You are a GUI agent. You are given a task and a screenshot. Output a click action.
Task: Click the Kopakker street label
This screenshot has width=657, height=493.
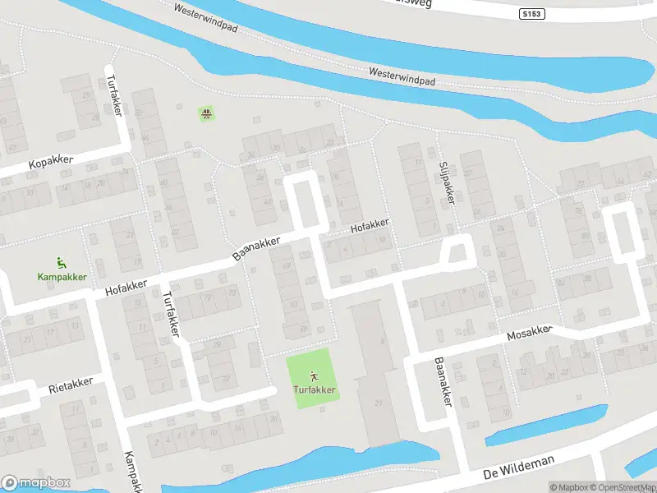coord(52,163)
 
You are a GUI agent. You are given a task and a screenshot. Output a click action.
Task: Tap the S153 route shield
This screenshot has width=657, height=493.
coord(531,14)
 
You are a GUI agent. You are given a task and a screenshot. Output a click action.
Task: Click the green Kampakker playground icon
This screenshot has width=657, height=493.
coord(61,263)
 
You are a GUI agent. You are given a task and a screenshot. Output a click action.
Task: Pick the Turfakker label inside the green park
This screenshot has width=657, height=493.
coord(314,389)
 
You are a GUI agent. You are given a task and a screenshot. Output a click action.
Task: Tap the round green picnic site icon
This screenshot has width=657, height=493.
coord(206,113)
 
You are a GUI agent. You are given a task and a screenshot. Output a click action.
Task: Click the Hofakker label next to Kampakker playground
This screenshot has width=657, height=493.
coord(126,287)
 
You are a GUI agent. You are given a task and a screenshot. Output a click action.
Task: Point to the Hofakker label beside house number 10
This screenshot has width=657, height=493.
coord(369,227)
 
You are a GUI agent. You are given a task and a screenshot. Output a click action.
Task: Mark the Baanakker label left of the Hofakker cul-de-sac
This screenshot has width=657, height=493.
coord(256,246)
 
